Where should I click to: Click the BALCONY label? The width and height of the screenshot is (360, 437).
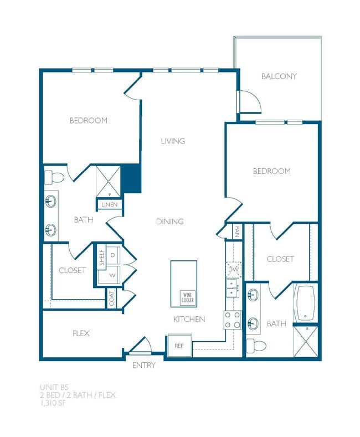coord(279,76)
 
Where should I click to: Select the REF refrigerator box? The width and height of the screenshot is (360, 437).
coord(179,345)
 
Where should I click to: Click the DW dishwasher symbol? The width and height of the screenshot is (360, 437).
coord(233,269)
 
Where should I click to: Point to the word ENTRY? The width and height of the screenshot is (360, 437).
coord(143,366)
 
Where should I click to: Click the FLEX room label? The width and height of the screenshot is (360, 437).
coord(81,334)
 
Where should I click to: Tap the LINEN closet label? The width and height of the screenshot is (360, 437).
coord(109,205)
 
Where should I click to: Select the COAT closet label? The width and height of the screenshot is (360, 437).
coord(112,299)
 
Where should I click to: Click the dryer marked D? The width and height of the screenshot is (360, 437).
coord(112,255)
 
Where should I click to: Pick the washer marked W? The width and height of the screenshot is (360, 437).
coord(112,274)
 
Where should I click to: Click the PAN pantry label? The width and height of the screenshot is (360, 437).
coord(236,230)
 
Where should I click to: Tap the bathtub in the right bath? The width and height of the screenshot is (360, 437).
coord(306,304)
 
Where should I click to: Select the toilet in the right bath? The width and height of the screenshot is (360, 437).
coord(256,346)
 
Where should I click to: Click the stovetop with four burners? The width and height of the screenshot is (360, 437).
coord(232,320)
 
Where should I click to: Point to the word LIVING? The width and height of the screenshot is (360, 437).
coord(173,141)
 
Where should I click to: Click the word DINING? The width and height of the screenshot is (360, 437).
coord(169,222)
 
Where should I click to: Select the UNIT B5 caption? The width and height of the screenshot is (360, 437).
coord(53,387)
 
